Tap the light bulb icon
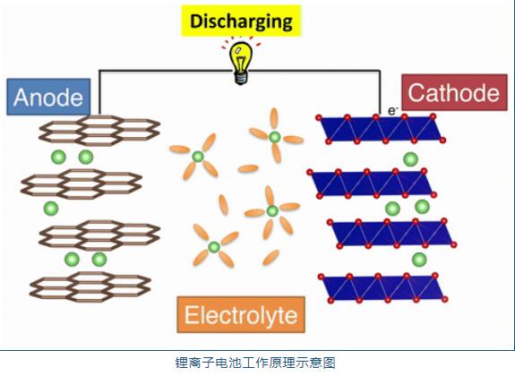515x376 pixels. [x=240, y=64]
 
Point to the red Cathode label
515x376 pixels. [x=454, y=93]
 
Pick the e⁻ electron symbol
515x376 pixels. [x=391, y=110]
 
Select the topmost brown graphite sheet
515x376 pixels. [x=90, y=131]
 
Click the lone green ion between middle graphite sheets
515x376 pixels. [x=50, y=209]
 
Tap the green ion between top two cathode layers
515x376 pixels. [x=410, y=159]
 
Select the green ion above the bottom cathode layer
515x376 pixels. [x=418, y=260]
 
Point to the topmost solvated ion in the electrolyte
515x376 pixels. [x=274, y=136]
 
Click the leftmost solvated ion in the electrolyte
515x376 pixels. [x=197, y=156]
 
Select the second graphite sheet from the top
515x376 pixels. [x=82, y=184]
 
